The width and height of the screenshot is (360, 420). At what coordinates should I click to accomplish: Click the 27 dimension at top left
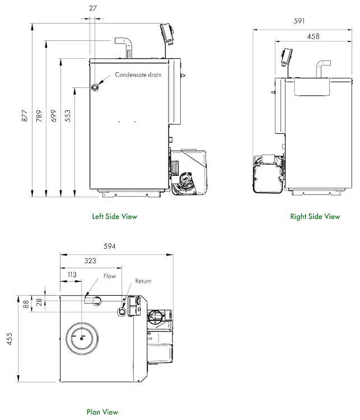[x=93, y=9]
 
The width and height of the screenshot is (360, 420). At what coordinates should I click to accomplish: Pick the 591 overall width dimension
[x=299, y=21]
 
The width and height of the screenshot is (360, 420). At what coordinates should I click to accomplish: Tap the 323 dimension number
[x=90, y=261]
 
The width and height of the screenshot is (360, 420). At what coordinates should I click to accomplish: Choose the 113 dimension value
[x=72, y=275]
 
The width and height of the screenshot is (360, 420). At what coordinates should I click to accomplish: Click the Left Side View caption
[x=114, y=216]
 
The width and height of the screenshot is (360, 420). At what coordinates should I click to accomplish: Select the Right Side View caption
[x=315, y=216]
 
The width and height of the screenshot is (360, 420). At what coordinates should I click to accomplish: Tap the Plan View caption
[x=102, y=412]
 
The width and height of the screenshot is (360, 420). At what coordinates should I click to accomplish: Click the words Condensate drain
[x=138, y=74]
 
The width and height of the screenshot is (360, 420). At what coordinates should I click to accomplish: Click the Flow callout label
[x=109, y=276]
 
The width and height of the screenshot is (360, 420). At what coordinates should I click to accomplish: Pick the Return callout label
[x=143, y=281]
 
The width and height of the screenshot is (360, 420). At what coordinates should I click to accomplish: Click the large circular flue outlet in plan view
[x=83, y=338]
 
